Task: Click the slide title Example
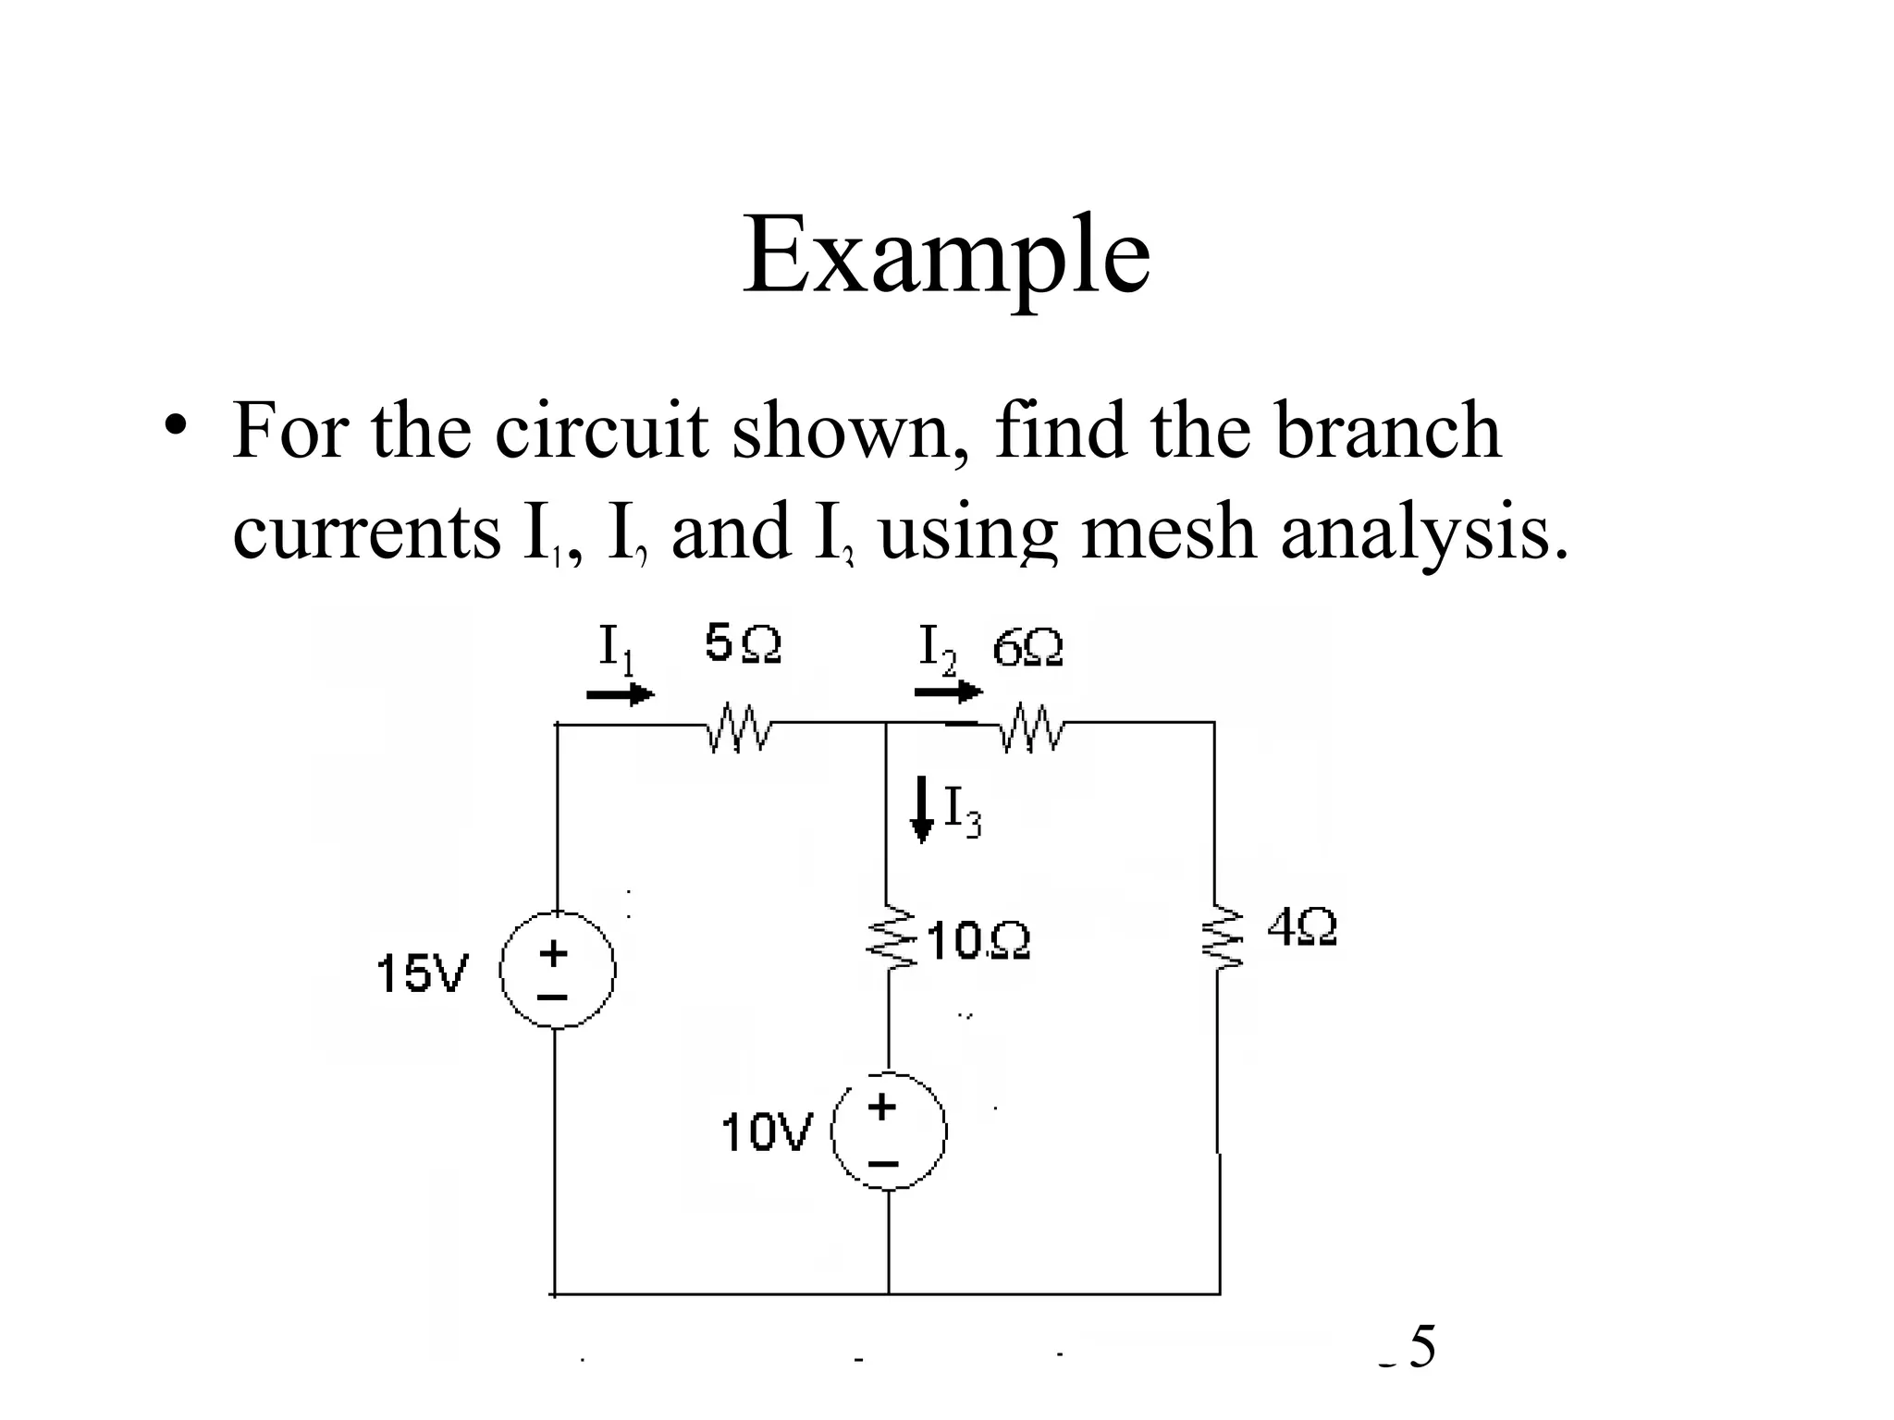tap(946, 254)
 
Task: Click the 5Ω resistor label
tap(743, 643)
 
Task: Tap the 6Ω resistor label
tap(1027, 648)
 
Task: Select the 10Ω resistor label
tap(978, 941)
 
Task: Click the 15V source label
tap(423, 973)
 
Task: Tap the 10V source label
tap(766, 1132)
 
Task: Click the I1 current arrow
tap(620, 693)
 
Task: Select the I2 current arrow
tap(948, 691)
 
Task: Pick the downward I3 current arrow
tap(922, 809)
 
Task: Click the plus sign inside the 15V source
tap(554, 952)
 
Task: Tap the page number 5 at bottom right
tap(1422, 1346)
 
